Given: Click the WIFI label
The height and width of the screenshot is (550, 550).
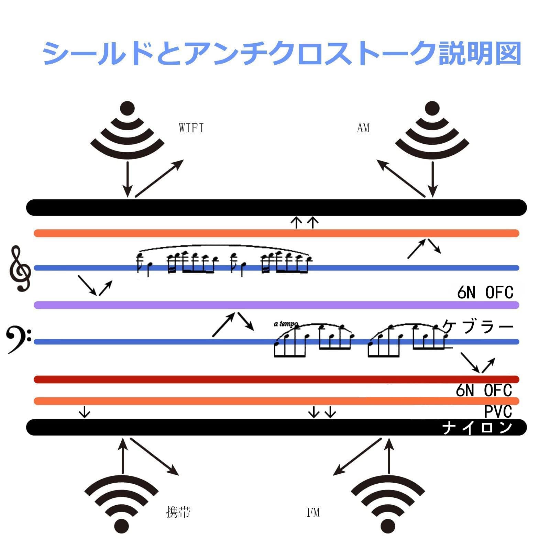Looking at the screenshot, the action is click(191, 128).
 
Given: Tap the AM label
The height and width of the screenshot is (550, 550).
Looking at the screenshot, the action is click(363, 128).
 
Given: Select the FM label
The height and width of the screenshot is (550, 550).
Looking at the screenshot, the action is click(313, 513).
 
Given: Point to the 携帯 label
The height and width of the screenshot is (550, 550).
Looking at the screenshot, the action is click(178, 512).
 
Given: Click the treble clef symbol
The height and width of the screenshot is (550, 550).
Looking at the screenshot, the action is click(20, 269).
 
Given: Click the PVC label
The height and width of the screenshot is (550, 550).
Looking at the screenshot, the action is click(498, 411).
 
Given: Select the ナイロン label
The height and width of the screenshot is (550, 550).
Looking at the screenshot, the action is click(477, 428).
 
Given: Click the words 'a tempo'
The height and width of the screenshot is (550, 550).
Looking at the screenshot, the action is click(286, 324).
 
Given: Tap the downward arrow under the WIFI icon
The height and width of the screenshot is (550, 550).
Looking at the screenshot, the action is click(128, 179).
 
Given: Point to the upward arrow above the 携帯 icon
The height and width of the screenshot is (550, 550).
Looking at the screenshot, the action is click(123, 455).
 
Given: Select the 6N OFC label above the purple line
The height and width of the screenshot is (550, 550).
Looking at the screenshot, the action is click(485, 293).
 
